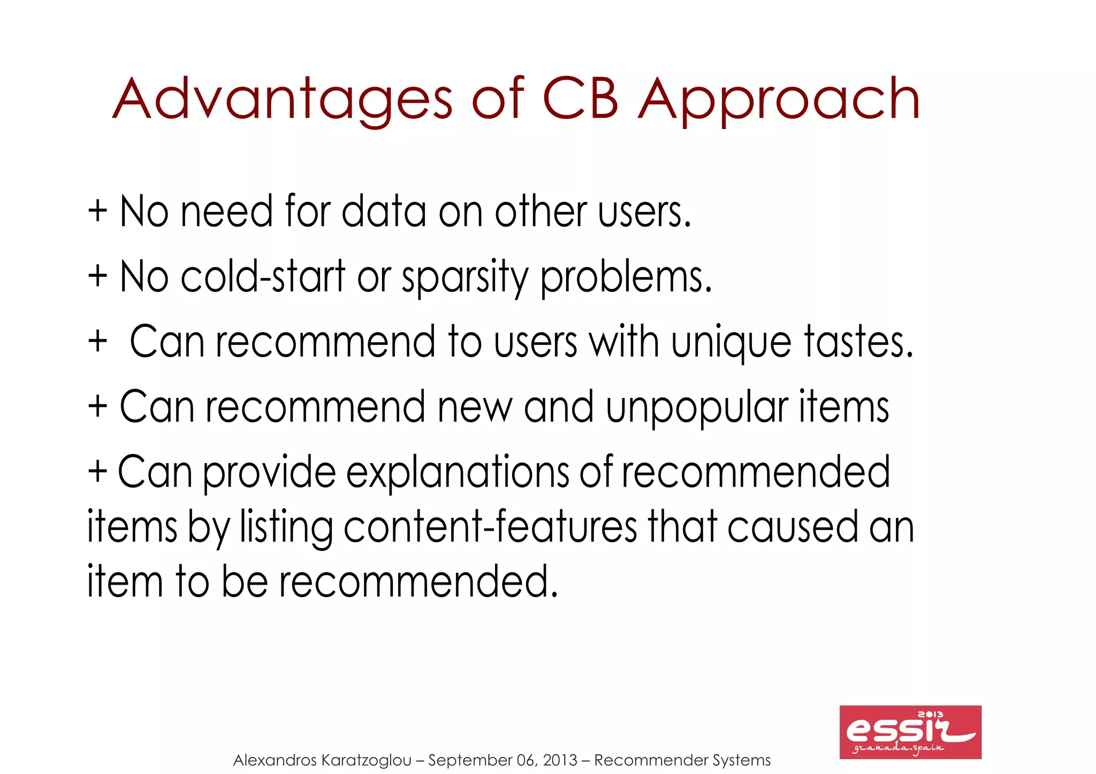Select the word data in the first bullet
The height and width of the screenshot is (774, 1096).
coord(384,211)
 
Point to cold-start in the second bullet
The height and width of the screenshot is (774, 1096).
coord(263,277)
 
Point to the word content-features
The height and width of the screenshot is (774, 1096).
coord(490,527)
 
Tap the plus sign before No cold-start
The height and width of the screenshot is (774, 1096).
coord(98,277)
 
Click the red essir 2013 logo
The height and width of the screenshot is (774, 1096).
coord(910,732)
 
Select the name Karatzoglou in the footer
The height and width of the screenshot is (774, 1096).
coord(367,760)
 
